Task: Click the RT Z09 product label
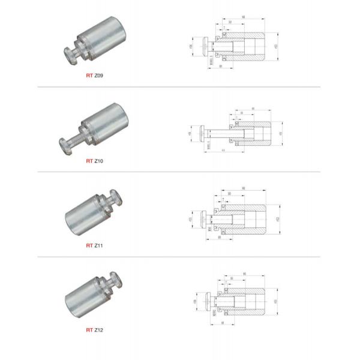95,76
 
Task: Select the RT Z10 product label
95,161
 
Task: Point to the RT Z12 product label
95,330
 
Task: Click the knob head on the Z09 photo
70,55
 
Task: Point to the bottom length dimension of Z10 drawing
223,150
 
